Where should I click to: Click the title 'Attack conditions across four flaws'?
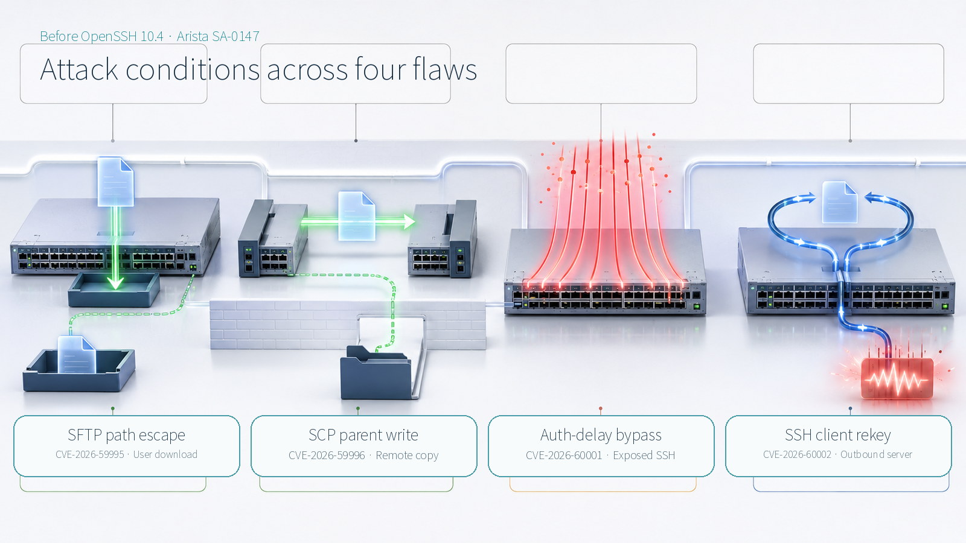(258, 69)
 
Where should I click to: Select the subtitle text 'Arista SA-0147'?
(218, 36)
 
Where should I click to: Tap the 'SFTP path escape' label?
(126, 435)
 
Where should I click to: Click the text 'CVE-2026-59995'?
(90, 455)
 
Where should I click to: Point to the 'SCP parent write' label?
(363, 435)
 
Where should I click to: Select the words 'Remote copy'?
(407, 456)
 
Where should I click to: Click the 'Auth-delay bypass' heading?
(601, 435)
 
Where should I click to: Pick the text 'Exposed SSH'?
(644, 456)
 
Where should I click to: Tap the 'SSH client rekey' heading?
(838, 435)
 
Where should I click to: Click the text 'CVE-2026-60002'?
(797, 455)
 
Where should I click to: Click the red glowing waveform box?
(897, 379)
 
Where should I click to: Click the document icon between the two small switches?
(357, 216)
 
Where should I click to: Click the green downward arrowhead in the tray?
(115, 283)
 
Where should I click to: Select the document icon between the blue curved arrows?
(839, 202)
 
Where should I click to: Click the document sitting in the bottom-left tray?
(76, 355)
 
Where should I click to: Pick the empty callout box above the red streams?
(601, 74)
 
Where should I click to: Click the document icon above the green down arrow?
(115, 182)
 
